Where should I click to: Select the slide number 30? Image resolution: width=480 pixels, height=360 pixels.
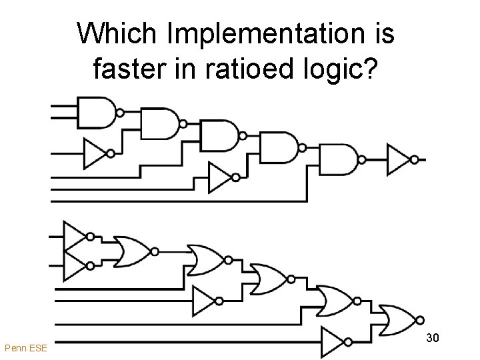click(432, 339)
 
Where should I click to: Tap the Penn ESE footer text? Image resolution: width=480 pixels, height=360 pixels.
click(25, 348)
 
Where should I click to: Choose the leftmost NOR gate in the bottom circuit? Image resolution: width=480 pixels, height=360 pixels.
click(132, 251)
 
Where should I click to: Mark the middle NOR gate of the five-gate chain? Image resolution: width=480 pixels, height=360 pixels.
click(267, 278)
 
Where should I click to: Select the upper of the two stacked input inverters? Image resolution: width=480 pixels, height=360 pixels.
click(75, 235)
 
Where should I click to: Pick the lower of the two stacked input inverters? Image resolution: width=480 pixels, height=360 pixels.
click(75, 265)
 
